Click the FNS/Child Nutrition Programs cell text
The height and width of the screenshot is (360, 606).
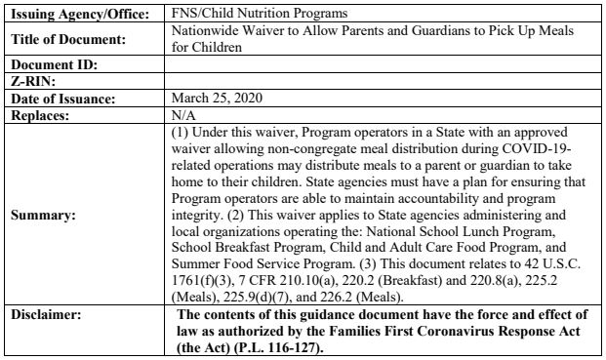coord(241,15)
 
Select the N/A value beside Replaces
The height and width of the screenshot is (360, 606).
coord(182,114)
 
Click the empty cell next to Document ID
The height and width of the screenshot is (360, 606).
coord(384,64)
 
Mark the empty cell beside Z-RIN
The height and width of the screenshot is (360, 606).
coord(384,81)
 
